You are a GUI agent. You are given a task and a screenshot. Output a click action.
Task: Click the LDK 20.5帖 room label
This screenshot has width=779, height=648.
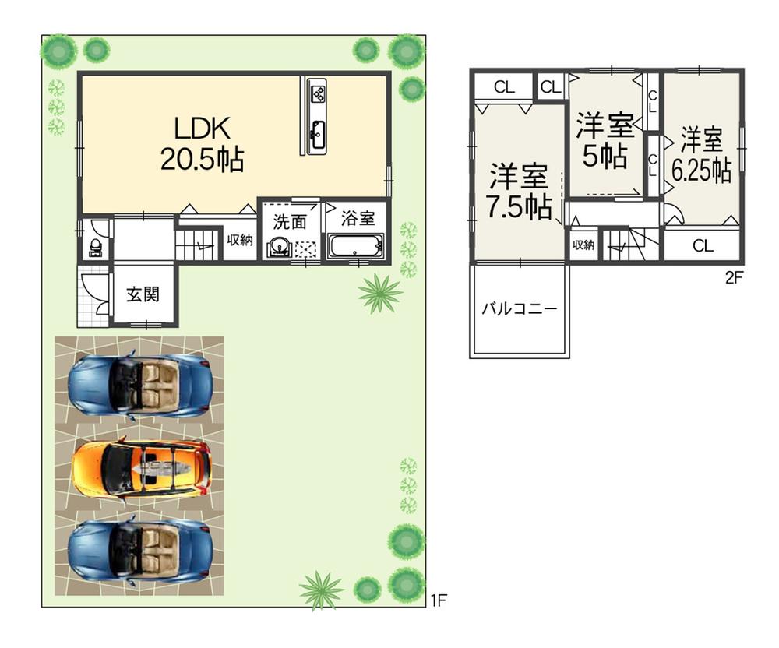pos(202,144)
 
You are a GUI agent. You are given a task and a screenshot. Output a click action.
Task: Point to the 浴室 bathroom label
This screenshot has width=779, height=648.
pos(358,219)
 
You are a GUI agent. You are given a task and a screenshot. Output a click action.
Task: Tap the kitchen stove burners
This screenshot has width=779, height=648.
pos(319,94)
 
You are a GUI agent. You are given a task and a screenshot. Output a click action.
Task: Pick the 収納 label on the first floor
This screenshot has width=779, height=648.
pos(240,240)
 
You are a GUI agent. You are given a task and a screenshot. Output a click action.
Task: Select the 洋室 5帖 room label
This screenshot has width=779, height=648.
pos(605,141)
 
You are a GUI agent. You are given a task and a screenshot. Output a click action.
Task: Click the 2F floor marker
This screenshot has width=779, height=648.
pos(734,276)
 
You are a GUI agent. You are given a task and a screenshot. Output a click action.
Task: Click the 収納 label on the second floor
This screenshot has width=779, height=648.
pos(583,245)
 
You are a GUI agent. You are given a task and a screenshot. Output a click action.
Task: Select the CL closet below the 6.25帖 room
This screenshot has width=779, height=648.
pos(703,246)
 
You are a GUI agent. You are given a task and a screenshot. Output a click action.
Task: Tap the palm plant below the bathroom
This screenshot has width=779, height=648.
pos(381,294)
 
